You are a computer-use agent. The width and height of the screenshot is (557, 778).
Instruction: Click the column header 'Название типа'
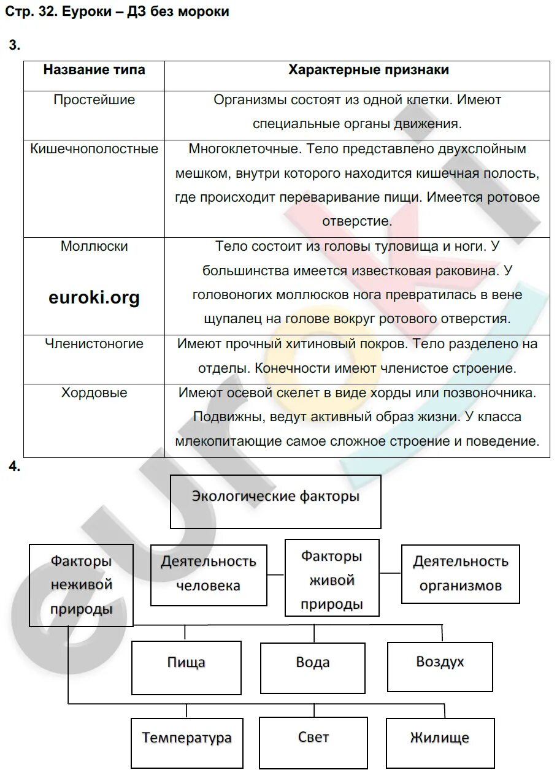pos(94,70)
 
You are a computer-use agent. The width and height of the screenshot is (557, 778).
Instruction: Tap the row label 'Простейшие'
pos(94,100)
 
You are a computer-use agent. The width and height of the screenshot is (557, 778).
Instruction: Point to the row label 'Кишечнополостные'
pos(94,149)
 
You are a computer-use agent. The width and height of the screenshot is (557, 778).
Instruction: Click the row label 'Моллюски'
pos(94,246)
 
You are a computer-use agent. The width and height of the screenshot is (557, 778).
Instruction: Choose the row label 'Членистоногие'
pos(94,344)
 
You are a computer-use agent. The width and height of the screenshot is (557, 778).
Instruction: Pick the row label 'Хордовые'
pos(94,393)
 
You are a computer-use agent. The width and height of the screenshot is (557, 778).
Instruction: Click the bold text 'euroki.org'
pos(94,298)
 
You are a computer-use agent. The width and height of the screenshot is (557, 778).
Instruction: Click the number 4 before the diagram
pos(14,467)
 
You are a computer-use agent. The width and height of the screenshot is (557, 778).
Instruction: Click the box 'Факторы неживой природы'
pos(81,585)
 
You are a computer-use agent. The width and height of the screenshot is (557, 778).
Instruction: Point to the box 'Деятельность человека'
pos(209,574)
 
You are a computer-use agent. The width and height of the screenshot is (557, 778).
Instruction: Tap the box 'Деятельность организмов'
pos(460,573)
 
